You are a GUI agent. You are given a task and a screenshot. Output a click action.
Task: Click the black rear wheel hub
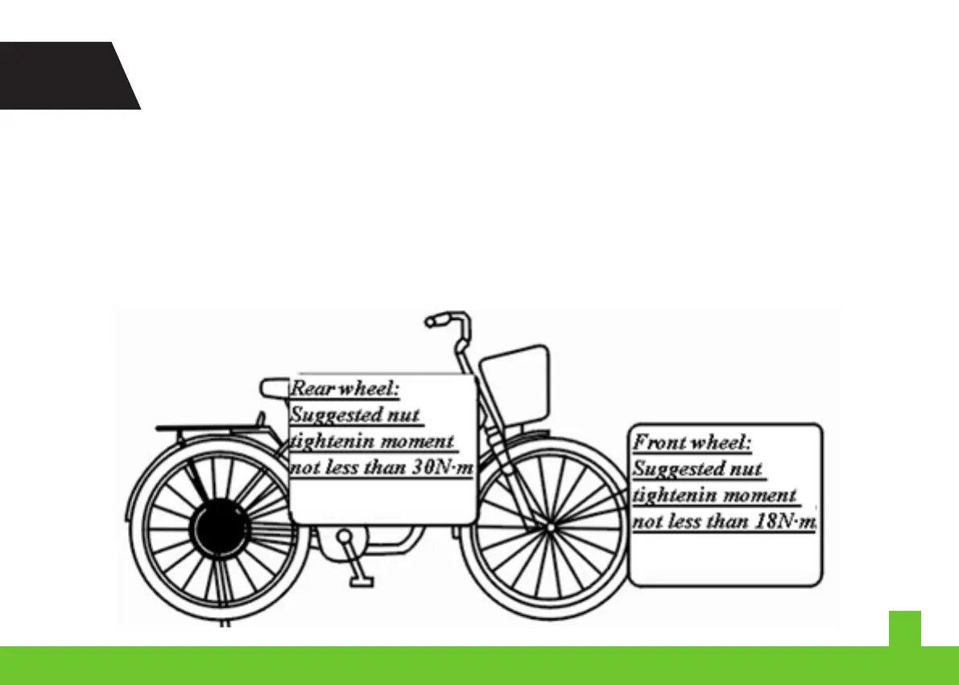coord(215,529)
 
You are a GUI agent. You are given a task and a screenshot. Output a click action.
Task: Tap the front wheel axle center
coord(549,528)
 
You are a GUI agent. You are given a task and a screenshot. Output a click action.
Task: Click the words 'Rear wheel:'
coord(345,388)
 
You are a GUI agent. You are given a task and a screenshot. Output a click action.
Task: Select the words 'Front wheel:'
coord(692,442)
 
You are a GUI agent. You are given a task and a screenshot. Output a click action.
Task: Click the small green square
coord(904,628)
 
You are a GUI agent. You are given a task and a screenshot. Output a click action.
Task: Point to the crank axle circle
coord(345,536)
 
